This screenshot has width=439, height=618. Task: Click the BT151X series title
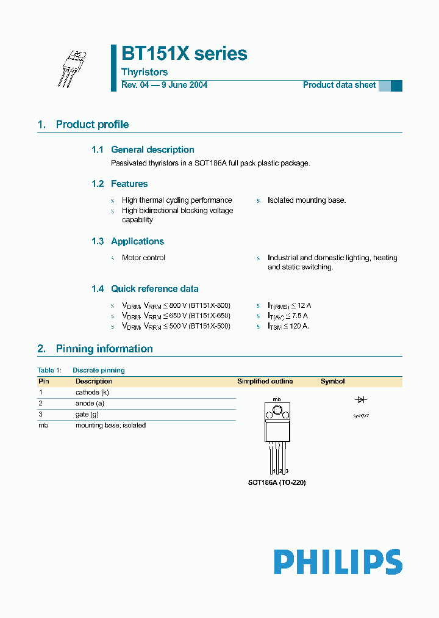(x=184, y=54)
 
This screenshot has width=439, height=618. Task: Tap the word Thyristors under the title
(x=145, y=72)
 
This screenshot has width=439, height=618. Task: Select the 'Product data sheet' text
(x=339, y=85)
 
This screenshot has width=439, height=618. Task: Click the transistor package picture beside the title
(x=74, y=68)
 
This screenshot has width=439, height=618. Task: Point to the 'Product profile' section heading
(x=92, y=125)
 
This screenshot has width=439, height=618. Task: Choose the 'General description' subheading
(x=152, y=150)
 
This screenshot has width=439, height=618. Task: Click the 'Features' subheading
(x=129, y=184)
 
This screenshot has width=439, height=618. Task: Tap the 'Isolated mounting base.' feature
(x=307, y=200)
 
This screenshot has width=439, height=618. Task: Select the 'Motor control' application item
(x=143, y=258)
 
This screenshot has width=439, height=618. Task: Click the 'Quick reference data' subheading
(x=154, y=289)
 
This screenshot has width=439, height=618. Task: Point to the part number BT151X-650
(x=209, y=316)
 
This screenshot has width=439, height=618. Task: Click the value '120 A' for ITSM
(x=298, y=326)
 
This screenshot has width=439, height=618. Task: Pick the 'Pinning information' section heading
(x=104, y=349)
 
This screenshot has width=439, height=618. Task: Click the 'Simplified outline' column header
(x=265, y=381)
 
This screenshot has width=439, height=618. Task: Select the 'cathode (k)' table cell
(x=92, y=392)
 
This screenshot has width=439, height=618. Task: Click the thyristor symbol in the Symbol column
(x=360, y=399)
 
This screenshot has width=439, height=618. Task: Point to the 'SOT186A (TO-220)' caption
(x=276, y=482)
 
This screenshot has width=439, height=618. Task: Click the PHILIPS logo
(x=338, y=562)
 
